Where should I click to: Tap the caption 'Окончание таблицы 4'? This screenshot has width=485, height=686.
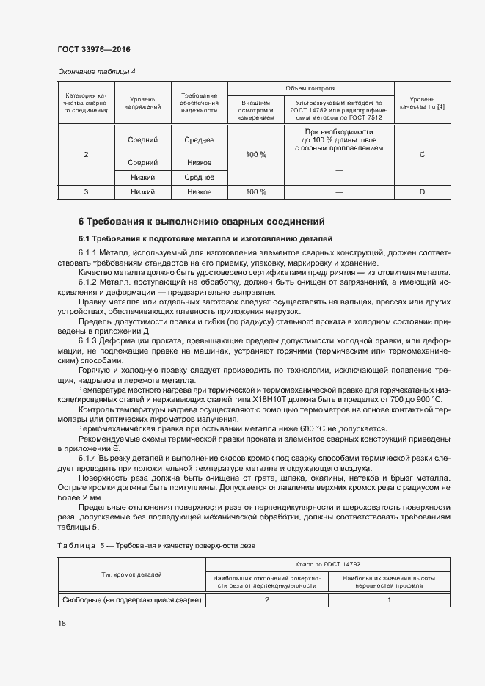[x=96, y=71]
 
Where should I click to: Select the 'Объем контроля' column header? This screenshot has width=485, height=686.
[x=310, y=88]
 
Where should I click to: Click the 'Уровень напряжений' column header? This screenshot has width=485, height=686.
[x=142, y=103]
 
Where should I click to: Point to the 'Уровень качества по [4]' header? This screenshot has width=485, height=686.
[x=422, y=103]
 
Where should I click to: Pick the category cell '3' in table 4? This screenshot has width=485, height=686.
[x=86, y=192]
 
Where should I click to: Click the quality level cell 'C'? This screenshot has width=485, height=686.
[x=422, y=155]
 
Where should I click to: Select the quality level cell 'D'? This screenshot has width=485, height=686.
[x=422, y=192]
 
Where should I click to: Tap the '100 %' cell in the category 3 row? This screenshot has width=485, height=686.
[x=256, y=192]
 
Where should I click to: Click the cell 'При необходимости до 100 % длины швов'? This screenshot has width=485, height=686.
[x=338, y=139]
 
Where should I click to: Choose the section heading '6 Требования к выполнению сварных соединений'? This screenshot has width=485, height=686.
[x=202, y=222]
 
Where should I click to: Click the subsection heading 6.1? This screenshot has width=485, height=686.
[x=205, y=239]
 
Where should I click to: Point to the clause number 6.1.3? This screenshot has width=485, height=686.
[x=90, y=321]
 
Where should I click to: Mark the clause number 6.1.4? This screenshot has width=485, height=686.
[x=90, y=459]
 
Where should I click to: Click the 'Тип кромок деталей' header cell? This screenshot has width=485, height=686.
[x=134, y=575]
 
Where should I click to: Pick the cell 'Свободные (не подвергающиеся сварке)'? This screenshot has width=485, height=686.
[x=134, y=600]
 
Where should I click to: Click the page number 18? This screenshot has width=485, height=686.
[x=62, y=624]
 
